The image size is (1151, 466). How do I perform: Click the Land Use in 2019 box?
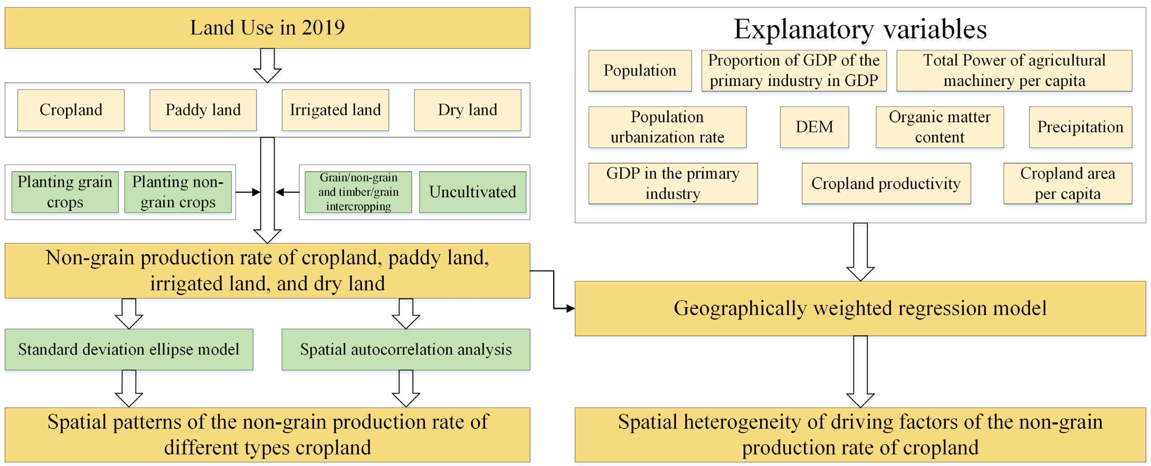[267, 28]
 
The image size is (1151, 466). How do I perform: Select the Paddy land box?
[203, 110]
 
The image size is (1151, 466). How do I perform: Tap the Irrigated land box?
[335, 110]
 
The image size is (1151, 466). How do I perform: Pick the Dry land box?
[467, 110]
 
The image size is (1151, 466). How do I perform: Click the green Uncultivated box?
[472, 192]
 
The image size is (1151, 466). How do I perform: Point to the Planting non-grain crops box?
[178, 192]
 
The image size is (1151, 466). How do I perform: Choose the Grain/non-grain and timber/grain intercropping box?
[358, 192]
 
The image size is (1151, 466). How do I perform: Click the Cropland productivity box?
[886, 183]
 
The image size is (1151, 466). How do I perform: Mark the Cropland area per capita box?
[1067, 183]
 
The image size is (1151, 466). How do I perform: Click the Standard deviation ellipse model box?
[129, 349]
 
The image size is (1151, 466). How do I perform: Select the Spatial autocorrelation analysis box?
[406, 349]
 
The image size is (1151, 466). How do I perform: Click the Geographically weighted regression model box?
[860, 308]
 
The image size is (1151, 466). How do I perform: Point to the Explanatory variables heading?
[860, 30]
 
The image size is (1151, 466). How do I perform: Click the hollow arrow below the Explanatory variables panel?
[860, 252]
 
